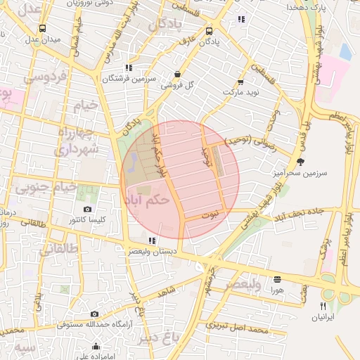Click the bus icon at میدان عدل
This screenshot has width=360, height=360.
coord(43,29)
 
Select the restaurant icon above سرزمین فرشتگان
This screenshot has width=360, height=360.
coord(128,67)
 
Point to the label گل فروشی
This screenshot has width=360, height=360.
coord(176,85)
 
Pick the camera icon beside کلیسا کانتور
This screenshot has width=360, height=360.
coord(87,209)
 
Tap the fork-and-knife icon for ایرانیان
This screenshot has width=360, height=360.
coord(323,306)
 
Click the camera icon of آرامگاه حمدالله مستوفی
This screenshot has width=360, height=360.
coord(94,314)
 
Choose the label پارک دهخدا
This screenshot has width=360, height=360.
coord(308,8)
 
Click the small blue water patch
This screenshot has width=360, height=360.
coord(345,51)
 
